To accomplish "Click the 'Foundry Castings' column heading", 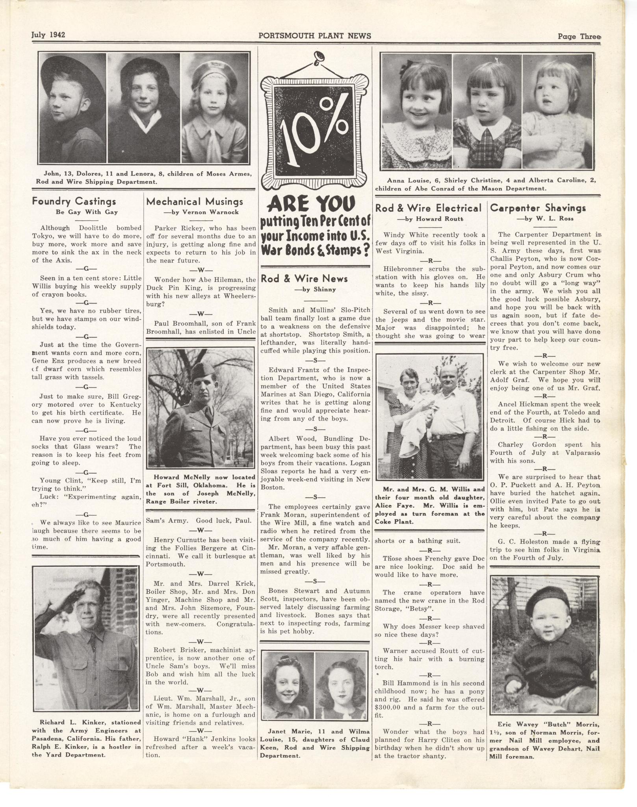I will [x=74, y=201].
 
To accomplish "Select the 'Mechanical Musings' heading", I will [x=195, y=201].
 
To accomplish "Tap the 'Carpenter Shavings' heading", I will [x=538, y=208].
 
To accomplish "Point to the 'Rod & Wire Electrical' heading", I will [x=428, y=208].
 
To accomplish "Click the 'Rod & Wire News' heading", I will [x=304, y=279].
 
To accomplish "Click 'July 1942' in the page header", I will [x=48, y=35].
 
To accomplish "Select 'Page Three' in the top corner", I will [x=578, y=37].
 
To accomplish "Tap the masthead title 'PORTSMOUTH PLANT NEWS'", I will [x=314, y=36].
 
